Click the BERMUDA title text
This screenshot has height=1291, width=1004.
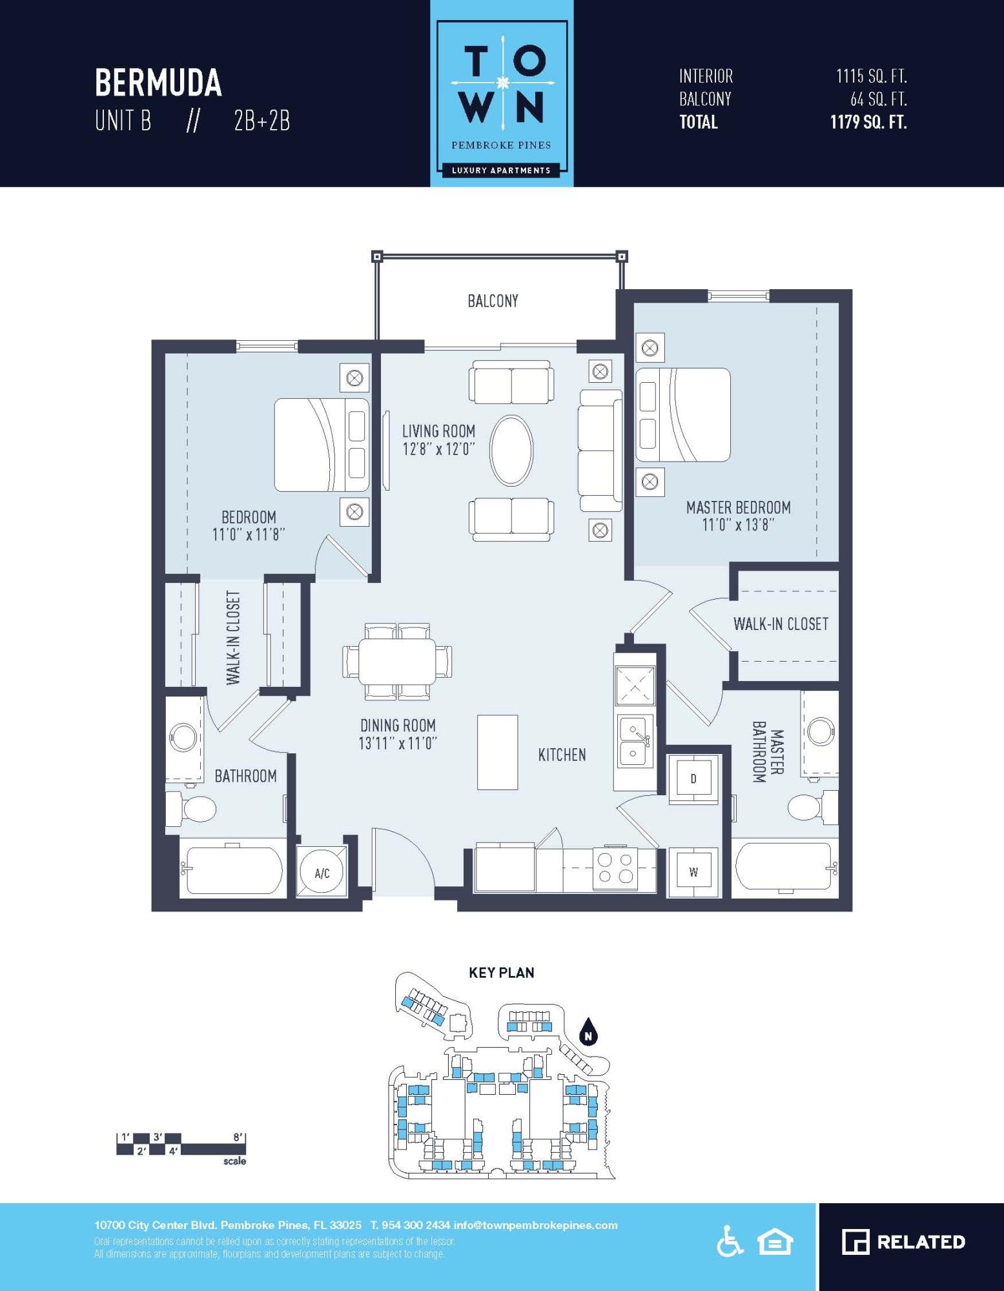click(x=158, y=83)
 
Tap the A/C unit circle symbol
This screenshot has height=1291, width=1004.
click(x=322, y=873)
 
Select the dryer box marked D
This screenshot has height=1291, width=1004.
click(x=693, y=778)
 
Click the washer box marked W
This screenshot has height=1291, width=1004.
click(x=693, y=872)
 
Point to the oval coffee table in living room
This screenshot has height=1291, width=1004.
click(x=511, y=450)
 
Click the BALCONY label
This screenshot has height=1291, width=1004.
click(x=493, y=301)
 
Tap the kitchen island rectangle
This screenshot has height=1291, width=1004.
click(x=497, y=752)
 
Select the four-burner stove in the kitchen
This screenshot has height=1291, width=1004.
click(x=615, y=868)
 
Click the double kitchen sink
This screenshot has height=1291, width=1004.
click(x=635, y=741)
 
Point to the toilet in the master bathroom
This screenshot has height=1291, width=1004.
click(x=807, y=807)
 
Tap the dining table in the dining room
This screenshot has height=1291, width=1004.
click(x=397, y=661)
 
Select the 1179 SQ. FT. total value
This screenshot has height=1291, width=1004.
click(x=868, y=122)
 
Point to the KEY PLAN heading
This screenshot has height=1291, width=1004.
click(x=501, y=973)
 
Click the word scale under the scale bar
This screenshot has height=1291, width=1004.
click(x=234, y=1161)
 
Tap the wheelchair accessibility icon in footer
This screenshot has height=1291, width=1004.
click(x=730, y=1242)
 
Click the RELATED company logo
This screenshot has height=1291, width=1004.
click(x=903, y=1242)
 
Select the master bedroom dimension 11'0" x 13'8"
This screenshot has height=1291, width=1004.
click(x=737, y=525)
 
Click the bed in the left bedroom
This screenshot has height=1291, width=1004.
click(x=322, y=445)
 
